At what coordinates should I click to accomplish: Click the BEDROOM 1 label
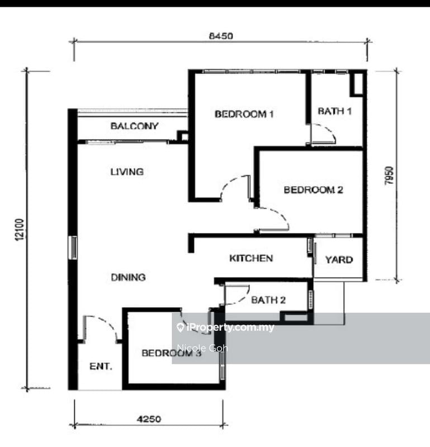(x=244, y=115)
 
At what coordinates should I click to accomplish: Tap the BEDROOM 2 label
(x=313, y=190)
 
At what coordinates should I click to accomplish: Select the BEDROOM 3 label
(x=171, y=353)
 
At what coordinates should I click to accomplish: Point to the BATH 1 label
(x=334, y=111)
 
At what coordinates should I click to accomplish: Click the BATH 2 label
(x=268, y=300)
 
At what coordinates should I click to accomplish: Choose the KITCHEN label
(x=251, y=258)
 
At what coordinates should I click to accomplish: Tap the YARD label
(x=339, y=259)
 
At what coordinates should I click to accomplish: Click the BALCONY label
(x=134, y=126)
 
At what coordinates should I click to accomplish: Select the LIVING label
(x=126, y=172)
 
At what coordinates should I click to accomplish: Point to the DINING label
(x=127, y=277)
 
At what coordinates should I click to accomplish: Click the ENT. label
(x=101, y=367)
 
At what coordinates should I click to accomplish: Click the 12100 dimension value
(x=20, y=229)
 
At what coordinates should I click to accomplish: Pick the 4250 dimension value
(x=149, y=417)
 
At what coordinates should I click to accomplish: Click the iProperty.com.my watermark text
(x=229, y=327)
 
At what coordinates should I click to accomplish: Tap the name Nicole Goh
(x=202, y=348)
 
